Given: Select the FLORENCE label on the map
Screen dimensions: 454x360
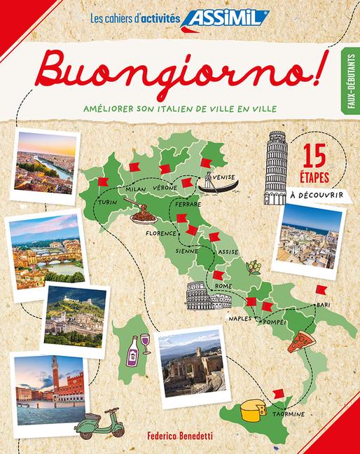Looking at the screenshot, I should (159, 233).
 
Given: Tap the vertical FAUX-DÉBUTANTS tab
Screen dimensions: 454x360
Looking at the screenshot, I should (348, 85).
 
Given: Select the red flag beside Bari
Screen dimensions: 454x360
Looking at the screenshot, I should (321, 290).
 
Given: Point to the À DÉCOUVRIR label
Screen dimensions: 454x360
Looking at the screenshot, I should (316, 195).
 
